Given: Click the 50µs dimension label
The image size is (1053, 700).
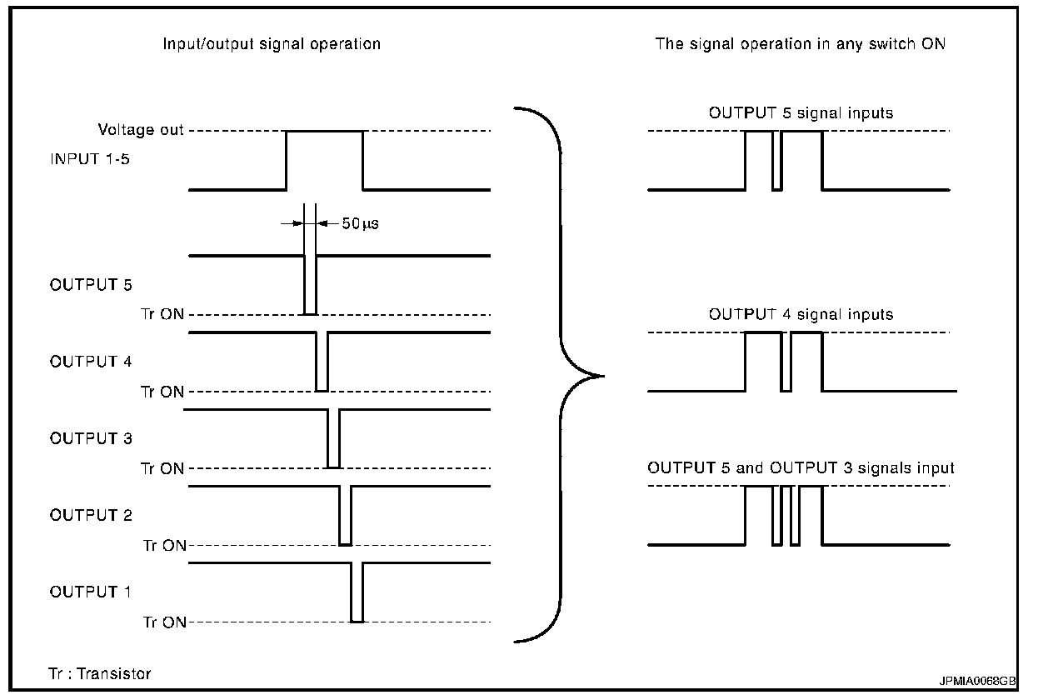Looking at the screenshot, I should [x=361, y=224].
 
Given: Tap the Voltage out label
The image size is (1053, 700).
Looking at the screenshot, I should [x=141, y=130].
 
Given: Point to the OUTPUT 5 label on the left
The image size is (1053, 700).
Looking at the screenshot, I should [x=91, y=285].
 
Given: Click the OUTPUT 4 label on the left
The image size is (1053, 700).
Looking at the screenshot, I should [x=91, y=362].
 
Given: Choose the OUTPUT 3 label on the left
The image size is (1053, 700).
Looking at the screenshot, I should [x=91, y=438].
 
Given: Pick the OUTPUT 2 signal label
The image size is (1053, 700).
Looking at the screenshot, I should [x=91, y=515].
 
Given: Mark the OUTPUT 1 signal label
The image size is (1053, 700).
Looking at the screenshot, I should [x=91, y=592].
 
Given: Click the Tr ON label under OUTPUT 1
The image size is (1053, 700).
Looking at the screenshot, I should [x=163, y=622].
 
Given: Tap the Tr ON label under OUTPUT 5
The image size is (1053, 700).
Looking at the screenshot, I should [x=163, y=315].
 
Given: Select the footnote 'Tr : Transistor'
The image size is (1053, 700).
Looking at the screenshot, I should [x=100, y=673].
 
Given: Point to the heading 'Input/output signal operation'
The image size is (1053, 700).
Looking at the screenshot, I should [x=272, y=44].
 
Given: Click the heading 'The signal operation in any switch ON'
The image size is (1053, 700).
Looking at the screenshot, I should [x=801, y=44].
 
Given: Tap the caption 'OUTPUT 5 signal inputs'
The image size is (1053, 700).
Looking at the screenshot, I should [x=801, y=112].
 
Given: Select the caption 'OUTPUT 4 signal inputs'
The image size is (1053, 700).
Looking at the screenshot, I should [x=801, y=314].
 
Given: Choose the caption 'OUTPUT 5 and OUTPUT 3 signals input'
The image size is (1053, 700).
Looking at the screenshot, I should [x=801, y=468].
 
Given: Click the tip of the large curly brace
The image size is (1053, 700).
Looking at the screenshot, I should [x=601, y=376].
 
